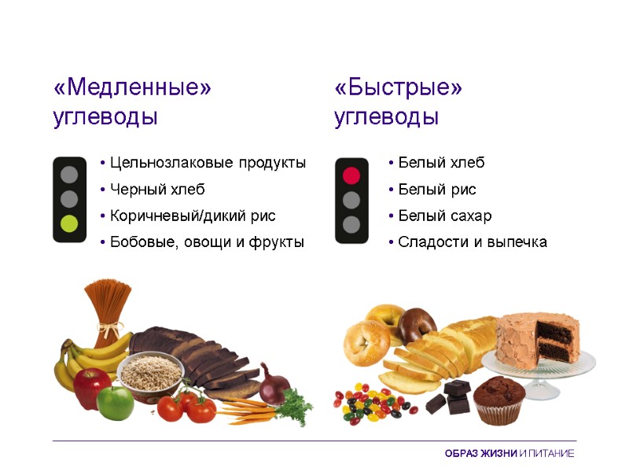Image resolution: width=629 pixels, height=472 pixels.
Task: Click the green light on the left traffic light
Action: [x=69, y=223]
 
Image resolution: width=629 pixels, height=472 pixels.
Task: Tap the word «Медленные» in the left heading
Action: [x=132, y=87]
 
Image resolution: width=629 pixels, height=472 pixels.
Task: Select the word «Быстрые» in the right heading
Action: [x=398, y=87]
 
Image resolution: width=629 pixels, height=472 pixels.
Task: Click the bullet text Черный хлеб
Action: [x=157, y=190]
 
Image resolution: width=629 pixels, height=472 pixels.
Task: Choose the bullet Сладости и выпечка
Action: [x=472, y=242]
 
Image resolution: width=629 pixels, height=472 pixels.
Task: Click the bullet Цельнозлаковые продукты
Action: [x=208, y=163]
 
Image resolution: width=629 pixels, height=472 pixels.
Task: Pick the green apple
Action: [x=116, y=402]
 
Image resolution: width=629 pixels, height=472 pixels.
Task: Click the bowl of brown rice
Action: [x=149, y=373]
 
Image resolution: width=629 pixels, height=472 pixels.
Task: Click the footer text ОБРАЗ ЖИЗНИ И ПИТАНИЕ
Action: [x=509, y=454]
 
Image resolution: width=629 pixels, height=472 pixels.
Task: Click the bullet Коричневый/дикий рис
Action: [x=193, y=216]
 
